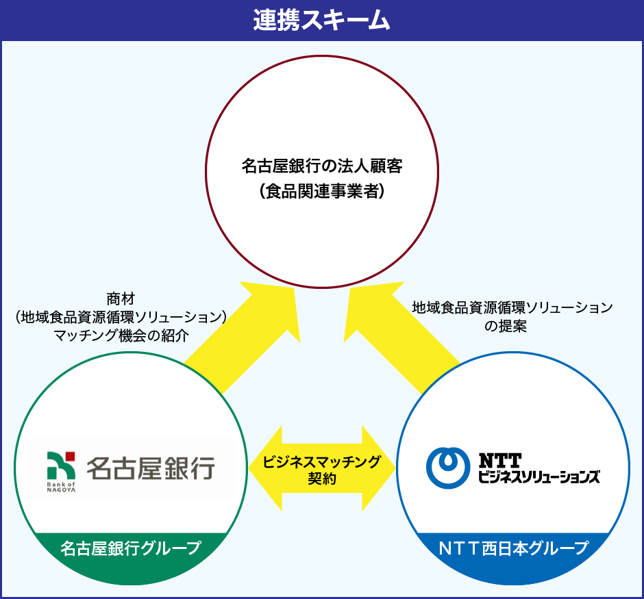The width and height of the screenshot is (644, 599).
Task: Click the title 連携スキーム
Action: coord(321,21)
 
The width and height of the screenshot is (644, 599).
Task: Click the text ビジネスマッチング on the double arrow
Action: coord(321,461)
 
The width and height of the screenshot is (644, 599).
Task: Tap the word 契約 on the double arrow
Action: coord(321,479)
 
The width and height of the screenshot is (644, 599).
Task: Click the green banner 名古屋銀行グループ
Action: coord(130,548)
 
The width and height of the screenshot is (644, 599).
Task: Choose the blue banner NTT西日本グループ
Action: coord(514,548)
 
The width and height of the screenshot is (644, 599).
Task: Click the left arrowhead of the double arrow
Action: coord(264,469)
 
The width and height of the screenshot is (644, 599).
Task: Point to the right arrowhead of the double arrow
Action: coord(380,469)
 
